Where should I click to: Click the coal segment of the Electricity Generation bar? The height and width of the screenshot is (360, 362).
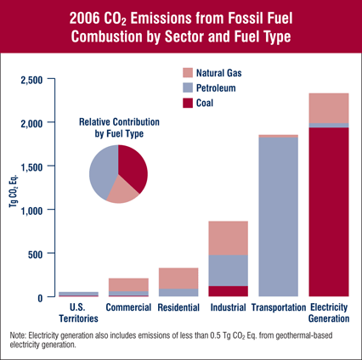coord(329,212)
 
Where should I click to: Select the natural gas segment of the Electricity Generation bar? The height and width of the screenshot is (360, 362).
coord(329,108)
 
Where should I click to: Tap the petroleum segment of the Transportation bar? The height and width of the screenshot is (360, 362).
coord(279,217)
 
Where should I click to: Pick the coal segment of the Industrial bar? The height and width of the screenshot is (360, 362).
coord(229,291)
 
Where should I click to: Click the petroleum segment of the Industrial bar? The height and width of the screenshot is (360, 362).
coord(229,271)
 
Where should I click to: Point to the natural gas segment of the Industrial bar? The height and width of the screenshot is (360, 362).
coord(229,238)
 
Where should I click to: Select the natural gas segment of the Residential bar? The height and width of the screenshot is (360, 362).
coord(178,278)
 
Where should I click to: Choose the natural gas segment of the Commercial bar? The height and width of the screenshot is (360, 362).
coord(128,284)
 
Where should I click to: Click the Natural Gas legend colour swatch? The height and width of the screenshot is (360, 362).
coord(188,73)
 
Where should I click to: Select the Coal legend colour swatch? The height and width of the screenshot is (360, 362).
coord(188,103)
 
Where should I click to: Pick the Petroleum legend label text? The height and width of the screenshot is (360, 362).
coord(216,88)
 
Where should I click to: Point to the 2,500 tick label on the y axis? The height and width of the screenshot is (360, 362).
coord(31,80)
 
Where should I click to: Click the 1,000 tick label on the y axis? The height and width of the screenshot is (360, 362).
coord(31,211)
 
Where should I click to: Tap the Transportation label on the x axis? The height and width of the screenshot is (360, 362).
coord(279,307)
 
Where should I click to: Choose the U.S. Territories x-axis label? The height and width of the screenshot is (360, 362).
coord(78,312)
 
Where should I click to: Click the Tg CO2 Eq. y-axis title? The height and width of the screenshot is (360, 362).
coord(13,190)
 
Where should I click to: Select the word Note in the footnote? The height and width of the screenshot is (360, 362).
coord(18,335)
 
